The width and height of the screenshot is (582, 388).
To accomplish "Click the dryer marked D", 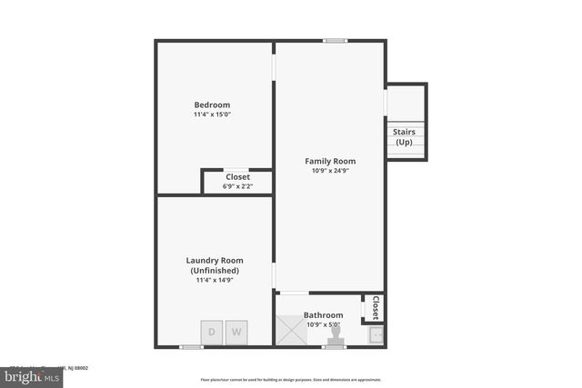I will [212, 332].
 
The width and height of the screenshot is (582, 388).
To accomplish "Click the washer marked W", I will [236, 332].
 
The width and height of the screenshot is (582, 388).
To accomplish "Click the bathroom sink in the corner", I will [376, 334].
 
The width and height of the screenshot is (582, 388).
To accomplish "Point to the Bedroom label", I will [212, 104].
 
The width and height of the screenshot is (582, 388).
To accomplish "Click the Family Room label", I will [330, 161].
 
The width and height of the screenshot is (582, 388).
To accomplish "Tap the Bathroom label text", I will [323, 315].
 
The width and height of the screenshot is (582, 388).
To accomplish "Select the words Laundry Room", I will [215, 261].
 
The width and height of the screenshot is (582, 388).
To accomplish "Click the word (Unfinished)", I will [215, 271].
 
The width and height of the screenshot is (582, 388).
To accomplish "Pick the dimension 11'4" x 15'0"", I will [212, 114].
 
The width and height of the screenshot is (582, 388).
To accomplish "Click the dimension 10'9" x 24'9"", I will [330, 171].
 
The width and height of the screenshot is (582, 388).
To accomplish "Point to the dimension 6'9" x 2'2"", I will [237, 186].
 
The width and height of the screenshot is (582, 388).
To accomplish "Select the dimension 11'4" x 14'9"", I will [215, 281].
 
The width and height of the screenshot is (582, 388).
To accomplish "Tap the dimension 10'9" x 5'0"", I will [323, 324].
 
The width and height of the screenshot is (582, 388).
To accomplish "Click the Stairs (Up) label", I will [404, 137].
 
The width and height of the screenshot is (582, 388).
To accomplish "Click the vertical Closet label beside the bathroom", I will [375, 308].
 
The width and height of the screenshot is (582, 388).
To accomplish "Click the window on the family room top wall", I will [336, 40].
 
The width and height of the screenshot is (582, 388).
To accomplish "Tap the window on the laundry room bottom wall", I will [191, 346].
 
